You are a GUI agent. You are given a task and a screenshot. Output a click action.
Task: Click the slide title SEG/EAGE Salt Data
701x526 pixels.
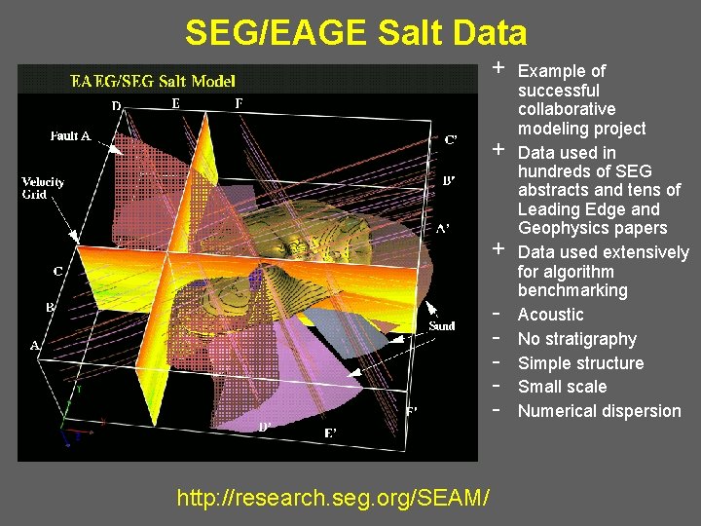coord(355,33)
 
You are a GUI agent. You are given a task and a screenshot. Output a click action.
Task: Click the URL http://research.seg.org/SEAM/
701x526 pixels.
coord(333,498)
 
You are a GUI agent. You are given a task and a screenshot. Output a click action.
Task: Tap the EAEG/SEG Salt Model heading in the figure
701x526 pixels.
coord(153,81)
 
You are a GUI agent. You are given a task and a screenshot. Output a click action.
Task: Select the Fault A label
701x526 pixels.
coord(70,136)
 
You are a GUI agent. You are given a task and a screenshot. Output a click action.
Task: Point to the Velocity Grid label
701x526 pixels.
coord(43,188)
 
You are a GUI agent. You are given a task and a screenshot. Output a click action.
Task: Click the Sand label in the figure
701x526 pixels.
coord(442,325)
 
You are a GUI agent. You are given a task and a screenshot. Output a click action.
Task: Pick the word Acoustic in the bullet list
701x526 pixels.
coord(550,315)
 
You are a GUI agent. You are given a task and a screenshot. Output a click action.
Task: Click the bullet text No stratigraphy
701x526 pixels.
coord(576,339)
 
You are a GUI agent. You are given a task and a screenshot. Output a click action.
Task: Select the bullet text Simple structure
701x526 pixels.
coord(580,363)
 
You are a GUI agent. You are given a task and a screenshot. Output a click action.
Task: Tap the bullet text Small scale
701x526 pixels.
coord(562,387)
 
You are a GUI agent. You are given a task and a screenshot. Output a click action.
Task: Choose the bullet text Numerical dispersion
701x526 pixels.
coord(599,411)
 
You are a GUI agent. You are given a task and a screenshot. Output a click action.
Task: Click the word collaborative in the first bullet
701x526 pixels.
coord(567,109)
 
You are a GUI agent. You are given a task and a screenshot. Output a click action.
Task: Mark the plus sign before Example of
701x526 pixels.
coord(498,69)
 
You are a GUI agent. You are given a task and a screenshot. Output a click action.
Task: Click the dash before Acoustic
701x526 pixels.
coord(497,315)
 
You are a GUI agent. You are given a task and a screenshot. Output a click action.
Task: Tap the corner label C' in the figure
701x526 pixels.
coord(450,140)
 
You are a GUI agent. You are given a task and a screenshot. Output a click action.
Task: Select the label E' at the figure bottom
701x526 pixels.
coord(331,432)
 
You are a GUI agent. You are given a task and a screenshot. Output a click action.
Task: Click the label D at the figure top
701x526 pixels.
coord(116,105)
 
